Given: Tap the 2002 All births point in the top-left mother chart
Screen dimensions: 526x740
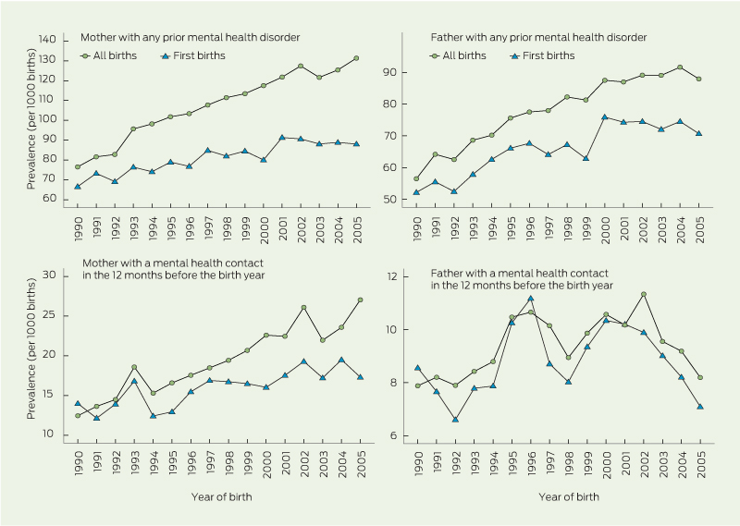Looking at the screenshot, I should tap(301, 67).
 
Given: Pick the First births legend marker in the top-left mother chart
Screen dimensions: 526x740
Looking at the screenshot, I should tap(165, 56).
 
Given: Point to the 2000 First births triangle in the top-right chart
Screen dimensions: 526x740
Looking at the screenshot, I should tap(604, 117).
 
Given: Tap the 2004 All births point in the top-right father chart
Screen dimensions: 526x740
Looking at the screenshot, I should tap(680, 67).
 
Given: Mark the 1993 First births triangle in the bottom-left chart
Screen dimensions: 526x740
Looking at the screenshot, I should tap(133, 381).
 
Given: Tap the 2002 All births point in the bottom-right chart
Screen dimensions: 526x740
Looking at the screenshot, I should tap(642, 294).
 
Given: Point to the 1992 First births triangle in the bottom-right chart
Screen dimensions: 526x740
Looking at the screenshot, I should tap(454, 420).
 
